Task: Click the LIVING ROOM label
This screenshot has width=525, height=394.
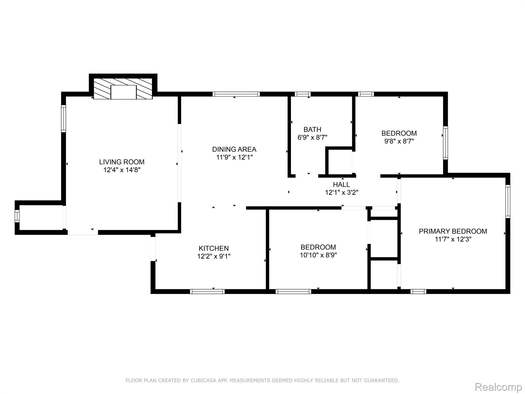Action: click(122, 162)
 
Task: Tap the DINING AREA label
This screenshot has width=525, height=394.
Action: click(234, 149)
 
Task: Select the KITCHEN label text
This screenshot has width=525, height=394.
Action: click(214, 248)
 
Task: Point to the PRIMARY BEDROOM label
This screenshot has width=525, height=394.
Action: click(453, 231)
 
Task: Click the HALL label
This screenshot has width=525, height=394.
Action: click(341, 184)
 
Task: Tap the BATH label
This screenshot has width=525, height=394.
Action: click(312, 129)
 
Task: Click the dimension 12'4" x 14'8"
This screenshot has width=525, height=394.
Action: click(122, 170)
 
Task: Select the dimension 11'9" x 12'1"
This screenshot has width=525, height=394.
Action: click(234, 157)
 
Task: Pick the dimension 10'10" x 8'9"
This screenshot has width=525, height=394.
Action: click(318, 255)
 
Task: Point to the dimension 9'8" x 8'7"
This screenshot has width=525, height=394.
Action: click(399, 141)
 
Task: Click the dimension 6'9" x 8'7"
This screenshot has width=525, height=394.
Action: click(312, 137)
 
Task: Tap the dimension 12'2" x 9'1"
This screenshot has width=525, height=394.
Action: click(214, 256)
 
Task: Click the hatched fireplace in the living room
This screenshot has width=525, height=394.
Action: click(123, 89)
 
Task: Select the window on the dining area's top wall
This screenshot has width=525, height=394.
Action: click(236, 94)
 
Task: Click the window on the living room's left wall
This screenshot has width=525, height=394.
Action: click(64, 119)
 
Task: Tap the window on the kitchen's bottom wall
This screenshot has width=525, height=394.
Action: click(207, 291)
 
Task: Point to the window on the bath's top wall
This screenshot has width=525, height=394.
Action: click(302, 94)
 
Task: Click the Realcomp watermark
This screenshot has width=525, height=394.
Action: click(498, 387)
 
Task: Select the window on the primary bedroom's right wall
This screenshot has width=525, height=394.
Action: click(508, 201)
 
